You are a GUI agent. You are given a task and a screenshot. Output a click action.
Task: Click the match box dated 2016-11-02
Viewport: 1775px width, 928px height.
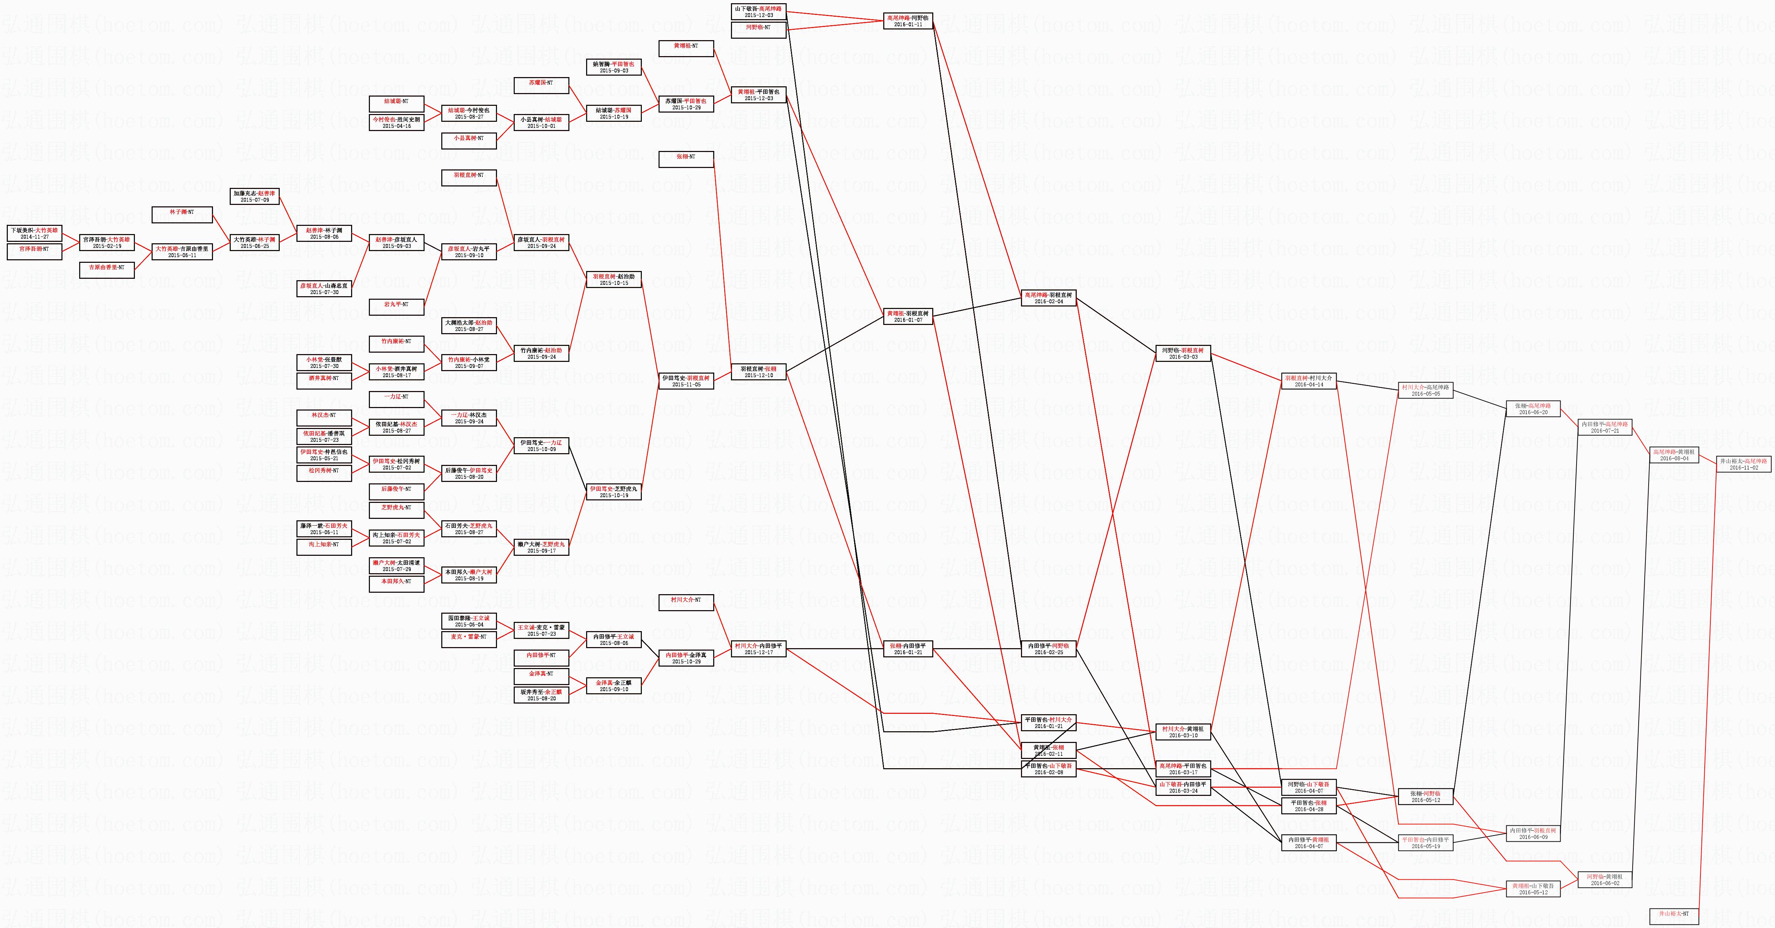(1743, 464)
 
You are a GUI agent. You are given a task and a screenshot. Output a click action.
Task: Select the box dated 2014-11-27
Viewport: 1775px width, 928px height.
(34, 233)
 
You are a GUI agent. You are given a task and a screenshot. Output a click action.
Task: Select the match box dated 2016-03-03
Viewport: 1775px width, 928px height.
(1183, 354)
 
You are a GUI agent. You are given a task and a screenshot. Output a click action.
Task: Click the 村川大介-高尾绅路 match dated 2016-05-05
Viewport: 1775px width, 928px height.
(1426, 390)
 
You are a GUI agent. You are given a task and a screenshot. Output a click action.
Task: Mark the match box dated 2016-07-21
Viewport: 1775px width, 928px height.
(1605, 428)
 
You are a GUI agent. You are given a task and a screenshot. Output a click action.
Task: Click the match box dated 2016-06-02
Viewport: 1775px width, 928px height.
(1605, 880)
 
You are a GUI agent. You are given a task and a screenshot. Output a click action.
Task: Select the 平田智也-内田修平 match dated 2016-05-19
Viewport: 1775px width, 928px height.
(1426, 842)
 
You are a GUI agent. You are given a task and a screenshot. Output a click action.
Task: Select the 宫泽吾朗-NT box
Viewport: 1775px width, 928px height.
(34, 250)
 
